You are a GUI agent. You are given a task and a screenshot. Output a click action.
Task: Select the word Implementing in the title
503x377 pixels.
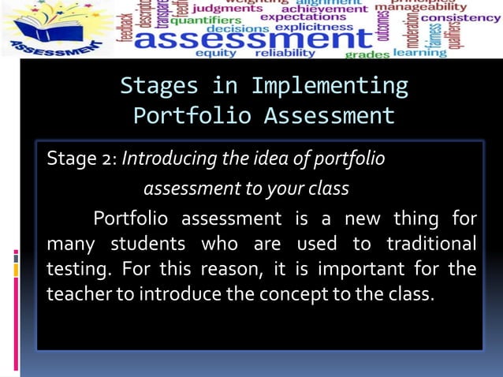coord(330,84)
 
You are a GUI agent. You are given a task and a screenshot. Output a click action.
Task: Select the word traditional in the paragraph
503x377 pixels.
coord(430,242)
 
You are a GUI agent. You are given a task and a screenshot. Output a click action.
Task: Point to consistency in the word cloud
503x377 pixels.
coord(461,17)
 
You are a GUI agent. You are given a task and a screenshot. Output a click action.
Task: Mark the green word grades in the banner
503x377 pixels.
coord(367,54)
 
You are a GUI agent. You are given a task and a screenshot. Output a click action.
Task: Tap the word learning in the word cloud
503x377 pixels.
coord(419,52)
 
